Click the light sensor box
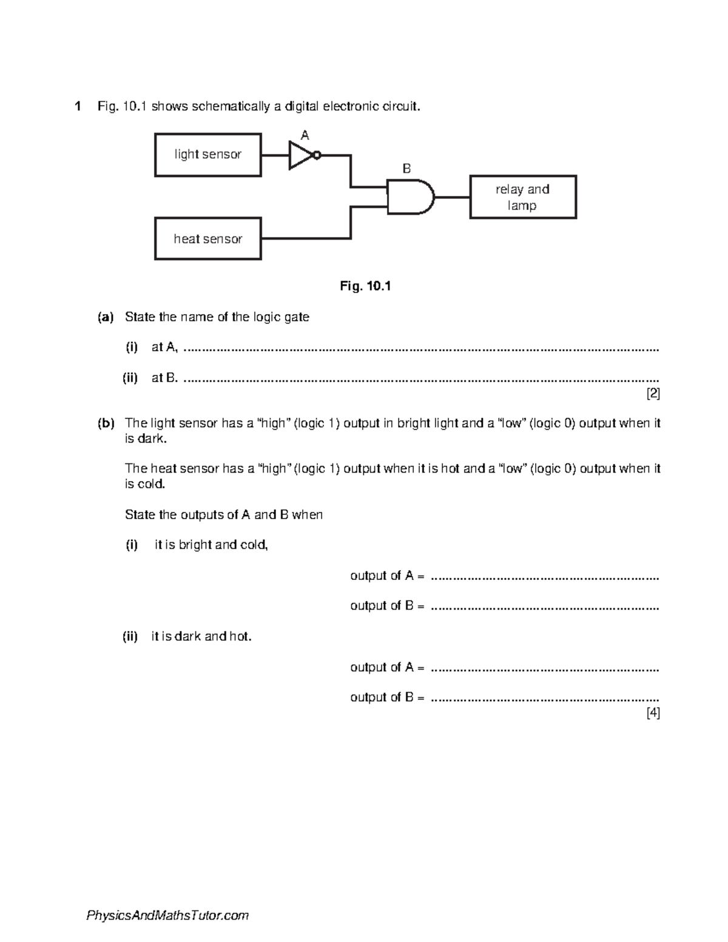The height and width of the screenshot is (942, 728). [x=208, y=155]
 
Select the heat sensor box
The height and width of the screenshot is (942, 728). [x=208, y=239]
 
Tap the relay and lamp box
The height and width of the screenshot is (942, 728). [x=522, y=197]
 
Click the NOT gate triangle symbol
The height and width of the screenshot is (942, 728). [x=300, y=155]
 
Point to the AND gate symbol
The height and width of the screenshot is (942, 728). [x=410, y=197]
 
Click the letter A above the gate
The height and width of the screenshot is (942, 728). [x=305, y=135]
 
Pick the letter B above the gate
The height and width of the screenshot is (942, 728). [x=406, y=169]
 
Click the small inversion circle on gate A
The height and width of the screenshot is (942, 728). [x=317, y=155]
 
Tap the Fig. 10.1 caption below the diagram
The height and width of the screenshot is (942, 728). [x=365, y=286]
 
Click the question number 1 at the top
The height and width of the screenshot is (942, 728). [x=77, y=107]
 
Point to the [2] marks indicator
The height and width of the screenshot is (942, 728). [x=653, y=394]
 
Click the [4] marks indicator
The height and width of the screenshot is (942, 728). [x=653, y=713]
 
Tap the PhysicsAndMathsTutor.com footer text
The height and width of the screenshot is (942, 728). [x=167, y=915]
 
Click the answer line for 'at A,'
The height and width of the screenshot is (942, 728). [x=420, y=349]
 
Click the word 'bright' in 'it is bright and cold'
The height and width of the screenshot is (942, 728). [x=196, y=545]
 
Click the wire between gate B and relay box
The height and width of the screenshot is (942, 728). [x=452, y=197]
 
